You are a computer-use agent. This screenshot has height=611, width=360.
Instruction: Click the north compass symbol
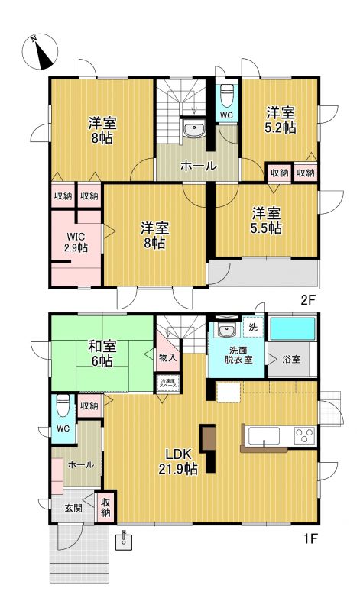(41, 51)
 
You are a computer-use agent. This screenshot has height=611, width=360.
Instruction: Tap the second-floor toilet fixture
(227, 95)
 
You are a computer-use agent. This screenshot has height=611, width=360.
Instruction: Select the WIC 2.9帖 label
(77, 242)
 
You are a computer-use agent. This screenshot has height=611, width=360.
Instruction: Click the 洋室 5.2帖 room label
(281, 120)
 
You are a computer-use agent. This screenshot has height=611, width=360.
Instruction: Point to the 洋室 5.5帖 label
(267, 221)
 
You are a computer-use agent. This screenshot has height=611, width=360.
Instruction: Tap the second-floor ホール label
(198, 166)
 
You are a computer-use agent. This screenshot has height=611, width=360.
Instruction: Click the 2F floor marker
(307, 300)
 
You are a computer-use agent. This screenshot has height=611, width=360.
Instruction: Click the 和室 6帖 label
(100, 353)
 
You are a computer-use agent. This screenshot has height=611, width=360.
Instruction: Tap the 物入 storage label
(167, 357)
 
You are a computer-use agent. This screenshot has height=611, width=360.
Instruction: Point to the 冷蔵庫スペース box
(167, 382)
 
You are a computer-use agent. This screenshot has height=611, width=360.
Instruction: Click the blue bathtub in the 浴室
(293, 329)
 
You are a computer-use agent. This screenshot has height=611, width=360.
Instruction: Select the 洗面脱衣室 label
(238, 354)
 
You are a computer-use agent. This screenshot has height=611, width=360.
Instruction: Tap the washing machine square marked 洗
(253, 328)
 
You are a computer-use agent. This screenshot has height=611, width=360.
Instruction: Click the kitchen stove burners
(305, 434)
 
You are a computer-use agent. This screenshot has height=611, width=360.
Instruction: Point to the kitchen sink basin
(264, 436)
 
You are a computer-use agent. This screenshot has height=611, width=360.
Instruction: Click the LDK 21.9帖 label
(177, 462)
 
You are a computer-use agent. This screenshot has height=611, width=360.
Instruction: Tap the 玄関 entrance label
(73, 508)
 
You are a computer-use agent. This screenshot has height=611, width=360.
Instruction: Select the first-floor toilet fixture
(63, 406)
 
